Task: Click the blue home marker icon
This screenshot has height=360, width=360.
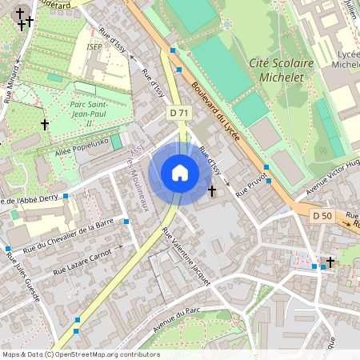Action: pyautogui.click(x=180, y=173)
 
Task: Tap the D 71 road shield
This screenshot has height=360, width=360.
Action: pyautogui.click(x=179, y=114)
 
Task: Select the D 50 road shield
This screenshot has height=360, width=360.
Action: pyautogui.click(x=322, y=216)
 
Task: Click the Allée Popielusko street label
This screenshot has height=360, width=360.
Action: pyautogui.click(x=82, y=150)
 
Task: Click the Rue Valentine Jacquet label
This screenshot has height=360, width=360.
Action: pyautogui.click(x=186, y=256)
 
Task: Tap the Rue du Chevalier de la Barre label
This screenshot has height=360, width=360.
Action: pyautogui.click(x=70, y=232)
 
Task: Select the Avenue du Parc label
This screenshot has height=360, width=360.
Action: pyautogui.click(x=175, y=319)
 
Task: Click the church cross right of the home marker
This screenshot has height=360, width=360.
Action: pyautogui.click(x=212, y=190)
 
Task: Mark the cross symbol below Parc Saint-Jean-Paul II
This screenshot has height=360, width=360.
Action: pyautogui.click(x=45, y=125)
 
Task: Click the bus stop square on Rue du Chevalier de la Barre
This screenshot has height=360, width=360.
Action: pyautogui.click(x=126, y=221)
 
